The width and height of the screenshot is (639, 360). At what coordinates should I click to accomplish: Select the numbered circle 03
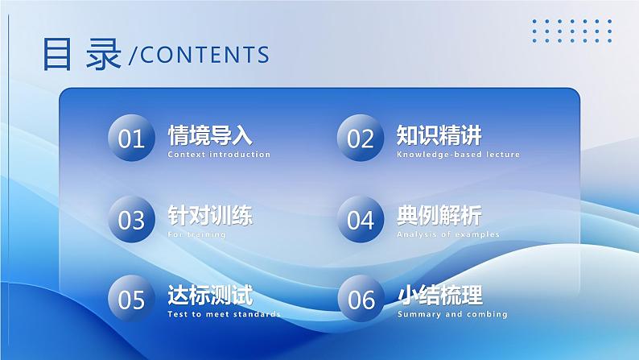point(131,219)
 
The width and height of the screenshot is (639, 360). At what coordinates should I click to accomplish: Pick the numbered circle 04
point(361,219)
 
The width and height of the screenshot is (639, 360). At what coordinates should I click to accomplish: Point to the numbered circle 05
point(131,299)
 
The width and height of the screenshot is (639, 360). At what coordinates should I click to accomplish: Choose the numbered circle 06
point(361,299)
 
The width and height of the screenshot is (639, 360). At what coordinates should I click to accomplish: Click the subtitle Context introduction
point(219,155)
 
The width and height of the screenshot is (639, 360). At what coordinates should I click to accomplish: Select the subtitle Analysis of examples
point(447,234)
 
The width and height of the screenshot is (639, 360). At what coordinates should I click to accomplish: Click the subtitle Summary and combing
point(451,314)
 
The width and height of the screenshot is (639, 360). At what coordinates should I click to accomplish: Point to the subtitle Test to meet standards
point(224,314)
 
